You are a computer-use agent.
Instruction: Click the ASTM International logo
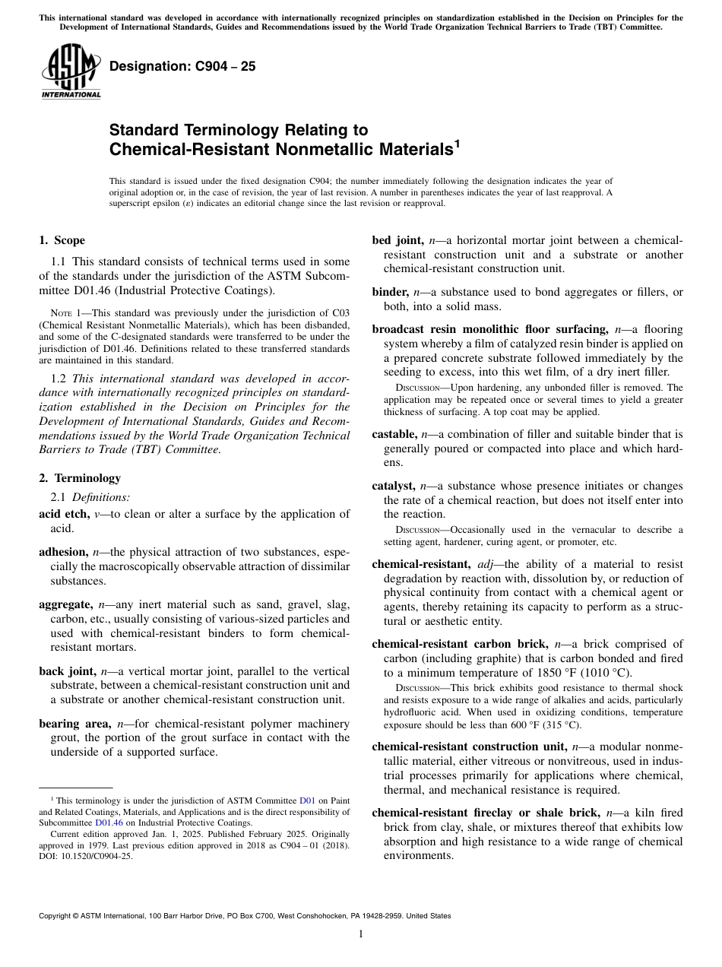tap(70, 72)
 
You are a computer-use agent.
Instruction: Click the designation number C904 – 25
tap(182, 67)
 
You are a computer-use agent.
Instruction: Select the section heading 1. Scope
tap(62, 240)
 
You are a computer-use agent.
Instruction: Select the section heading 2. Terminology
tap(79, 478)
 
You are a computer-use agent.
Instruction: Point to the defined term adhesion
tap(63, 552)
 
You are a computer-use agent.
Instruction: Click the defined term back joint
tap(66, 671)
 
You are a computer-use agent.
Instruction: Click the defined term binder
tap(390, 293)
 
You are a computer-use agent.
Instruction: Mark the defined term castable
tap(394, 435)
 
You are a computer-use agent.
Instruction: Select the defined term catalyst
tap(394, 487)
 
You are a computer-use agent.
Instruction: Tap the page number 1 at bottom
tap(361, 934)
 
